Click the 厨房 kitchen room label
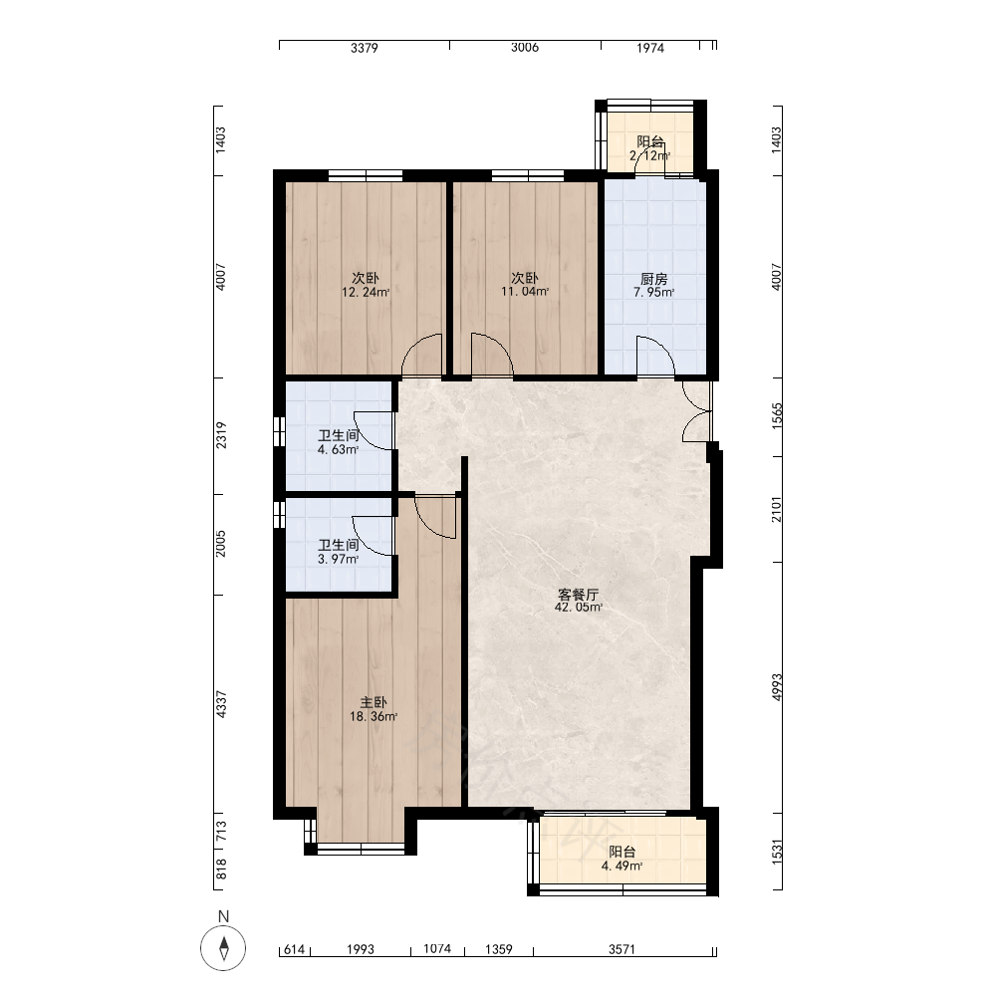pyautogui.click(x=653, y=279)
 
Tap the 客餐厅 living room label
pyautogui.click(x=578, y=595)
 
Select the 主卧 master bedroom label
pyautogui.click(x=373, y=702)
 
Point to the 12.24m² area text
pyautogui.click(x=366, y=292)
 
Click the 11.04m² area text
pyautogui.click(x=525, y=292)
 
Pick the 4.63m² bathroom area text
pyautogui.click(x=338, y=450)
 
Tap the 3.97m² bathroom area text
pyautogui.click(x=338, y=559)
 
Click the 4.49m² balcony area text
pyautogui.click(x=622, y=866)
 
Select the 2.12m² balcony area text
pyautogui.click(x=649, y=155)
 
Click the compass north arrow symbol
pyautogui.click(x=223, y=948)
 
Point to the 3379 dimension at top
pyautogui.click(x=365, y=48)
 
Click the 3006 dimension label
pyautogui.click(x=525, y=47)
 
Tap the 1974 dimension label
pyautogui.click(x=650, y=48)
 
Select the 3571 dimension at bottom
pyautogui.click(x=622, y=949)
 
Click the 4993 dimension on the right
pyautogui.click(x=778, y=687)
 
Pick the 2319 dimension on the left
pyautogui.click(x=221, y=436)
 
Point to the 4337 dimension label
pyautogui.click(x=221, y=704)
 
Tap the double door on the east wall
pyautogui.click(x=697, y=410)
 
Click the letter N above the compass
pyautogui.click(x=223, y=916)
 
